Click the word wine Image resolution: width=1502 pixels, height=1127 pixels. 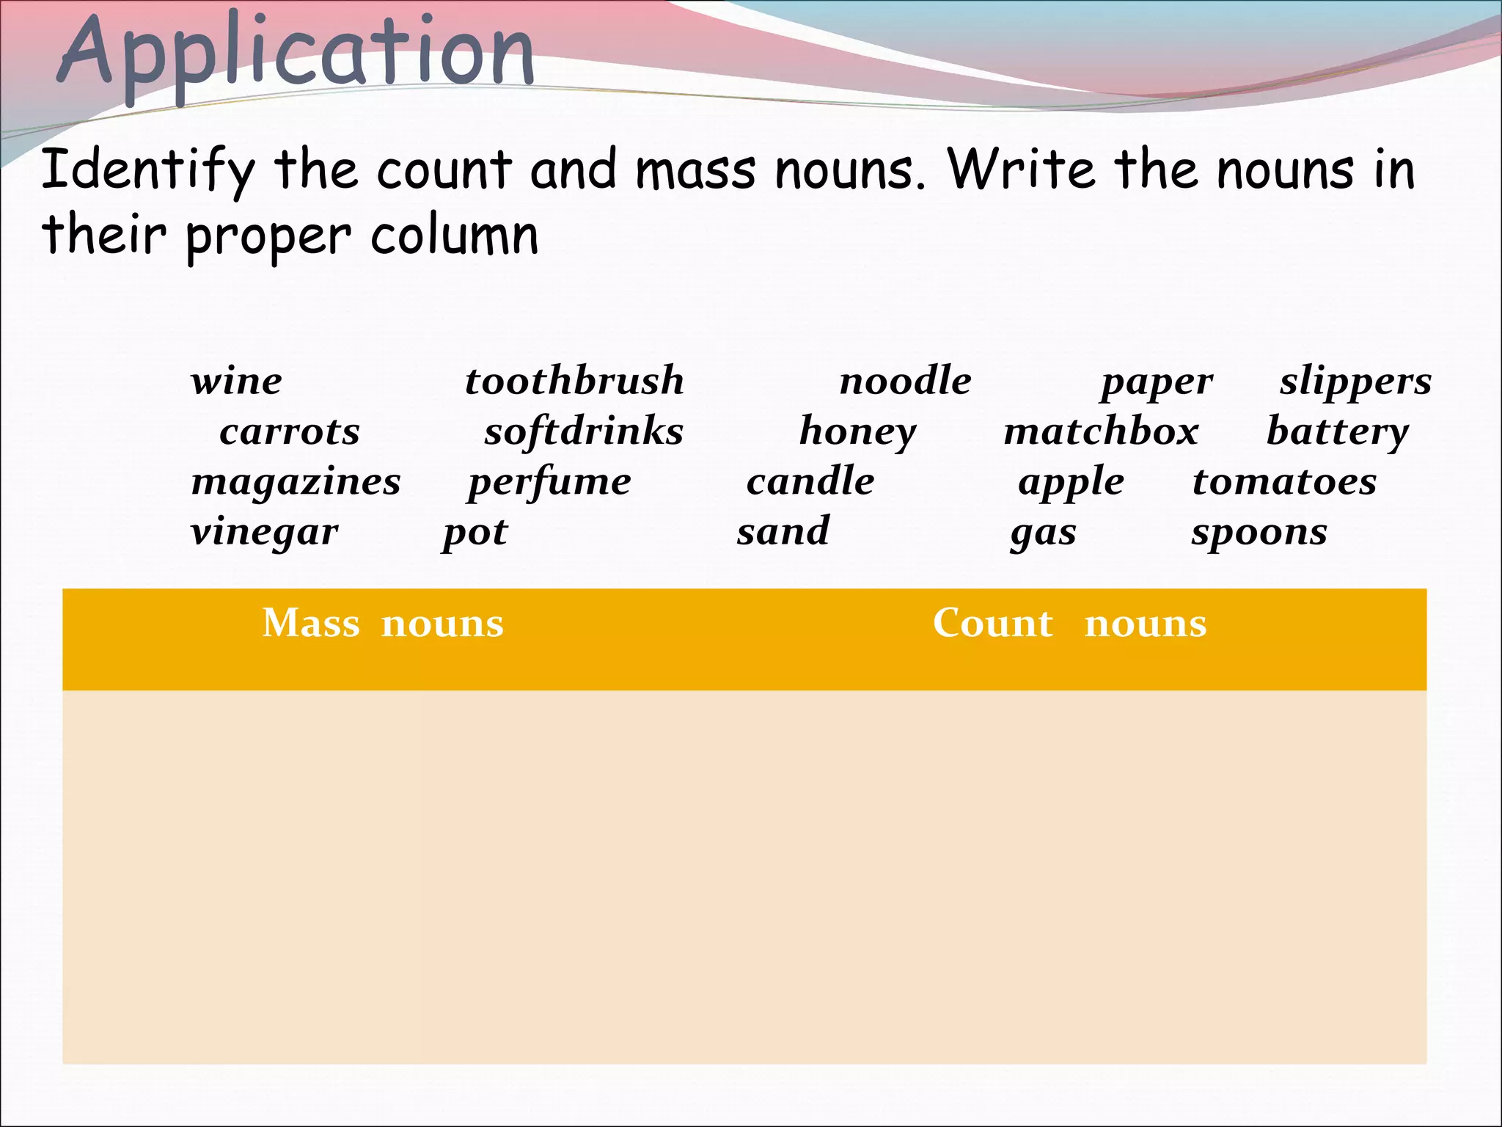point(236,382)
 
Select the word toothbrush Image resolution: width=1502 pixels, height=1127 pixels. point(574,382)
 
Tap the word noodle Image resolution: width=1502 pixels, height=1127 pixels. point(905,382)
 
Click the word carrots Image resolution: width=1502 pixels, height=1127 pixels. point(290,431)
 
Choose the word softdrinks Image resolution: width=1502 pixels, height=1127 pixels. point(584,431)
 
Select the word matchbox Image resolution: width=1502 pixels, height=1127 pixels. point(1101,431)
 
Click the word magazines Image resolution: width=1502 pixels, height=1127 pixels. point(296,482)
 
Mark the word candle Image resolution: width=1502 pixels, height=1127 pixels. point(810,482)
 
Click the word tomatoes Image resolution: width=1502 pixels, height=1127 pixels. point(1284,482)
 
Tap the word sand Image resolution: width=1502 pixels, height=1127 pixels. point(783,532)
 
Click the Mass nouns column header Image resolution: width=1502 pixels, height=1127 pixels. point(383,624)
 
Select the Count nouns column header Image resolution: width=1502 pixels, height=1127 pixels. point(1069,624)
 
